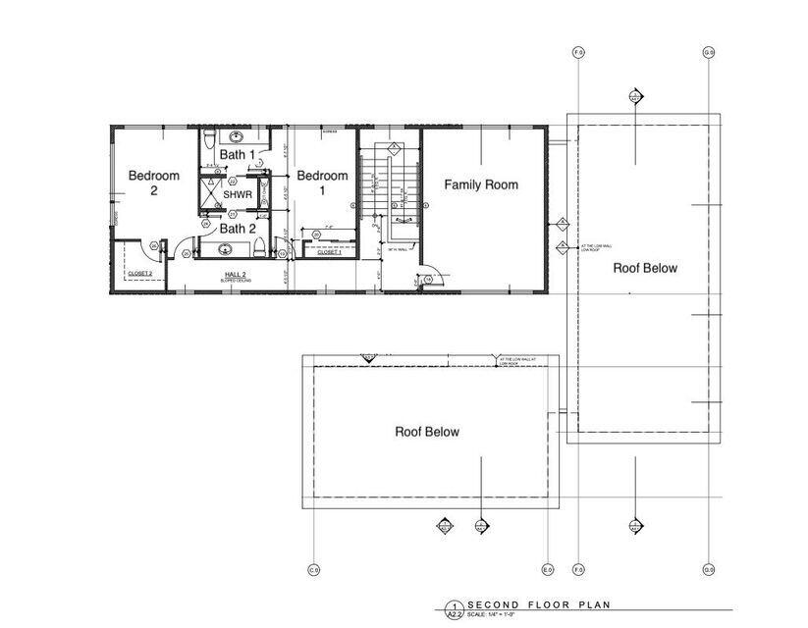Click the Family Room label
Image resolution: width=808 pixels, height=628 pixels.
481,184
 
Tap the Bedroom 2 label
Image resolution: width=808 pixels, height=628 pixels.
154,183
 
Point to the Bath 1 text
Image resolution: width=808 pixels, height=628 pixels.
237,155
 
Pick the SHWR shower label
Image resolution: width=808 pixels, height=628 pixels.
239,195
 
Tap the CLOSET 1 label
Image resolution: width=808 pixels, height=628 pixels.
329,252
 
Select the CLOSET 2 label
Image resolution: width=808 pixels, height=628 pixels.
139,273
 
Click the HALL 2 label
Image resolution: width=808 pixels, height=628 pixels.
235,274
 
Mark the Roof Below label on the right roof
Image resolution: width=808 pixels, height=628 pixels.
645,268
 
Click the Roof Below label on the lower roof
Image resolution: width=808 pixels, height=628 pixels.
427,431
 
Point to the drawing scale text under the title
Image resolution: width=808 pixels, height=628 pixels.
497,614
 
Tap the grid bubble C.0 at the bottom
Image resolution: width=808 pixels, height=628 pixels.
314,569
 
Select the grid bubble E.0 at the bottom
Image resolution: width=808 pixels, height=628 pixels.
548,569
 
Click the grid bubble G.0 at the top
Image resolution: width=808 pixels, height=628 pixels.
708,52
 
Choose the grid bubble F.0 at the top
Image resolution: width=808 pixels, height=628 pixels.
578,52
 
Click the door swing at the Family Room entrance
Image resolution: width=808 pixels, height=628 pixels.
433,280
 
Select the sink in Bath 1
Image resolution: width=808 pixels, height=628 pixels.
236,136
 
